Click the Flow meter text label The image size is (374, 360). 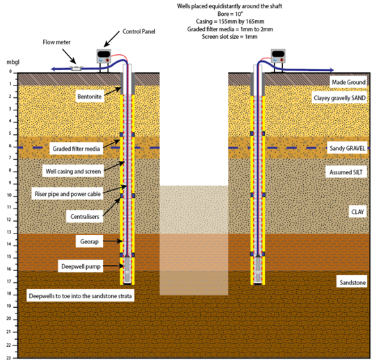click(56, 42)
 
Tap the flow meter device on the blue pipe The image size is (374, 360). click(76, 69)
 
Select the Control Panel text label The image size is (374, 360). click(138, 31)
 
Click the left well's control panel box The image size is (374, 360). click(104, 56)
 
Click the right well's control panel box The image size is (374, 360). click(278, 56)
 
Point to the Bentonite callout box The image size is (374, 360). click(90, 97)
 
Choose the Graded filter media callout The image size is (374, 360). click(76, 149)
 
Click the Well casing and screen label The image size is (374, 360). click(73, 171)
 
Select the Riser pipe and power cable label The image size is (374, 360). click(67, 194)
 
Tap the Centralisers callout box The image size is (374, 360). click(85, 216)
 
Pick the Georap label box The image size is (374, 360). click(90, 241)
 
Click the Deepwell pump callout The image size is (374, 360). click(81, 266)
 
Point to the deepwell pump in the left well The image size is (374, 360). click(127, 269)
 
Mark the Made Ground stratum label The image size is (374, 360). click(348, 82)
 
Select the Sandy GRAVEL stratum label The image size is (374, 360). click(347, 148)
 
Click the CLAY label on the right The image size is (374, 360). click(357, 212)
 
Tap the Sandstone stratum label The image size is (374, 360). click(352, 282)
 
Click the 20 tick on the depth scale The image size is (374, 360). click(9, 318)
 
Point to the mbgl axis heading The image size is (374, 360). click(13, 63)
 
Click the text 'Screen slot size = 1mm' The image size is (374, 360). click(229, 37)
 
